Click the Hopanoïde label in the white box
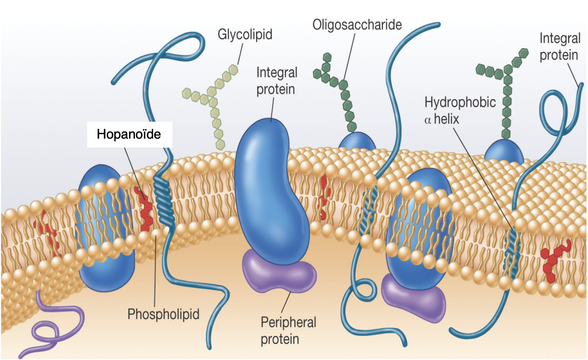point(129,134)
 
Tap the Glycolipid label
point(242,35)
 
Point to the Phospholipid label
point(163,314)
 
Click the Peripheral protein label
point(288,330)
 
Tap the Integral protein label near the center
point(277,81)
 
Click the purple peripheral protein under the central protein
point(279,272)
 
